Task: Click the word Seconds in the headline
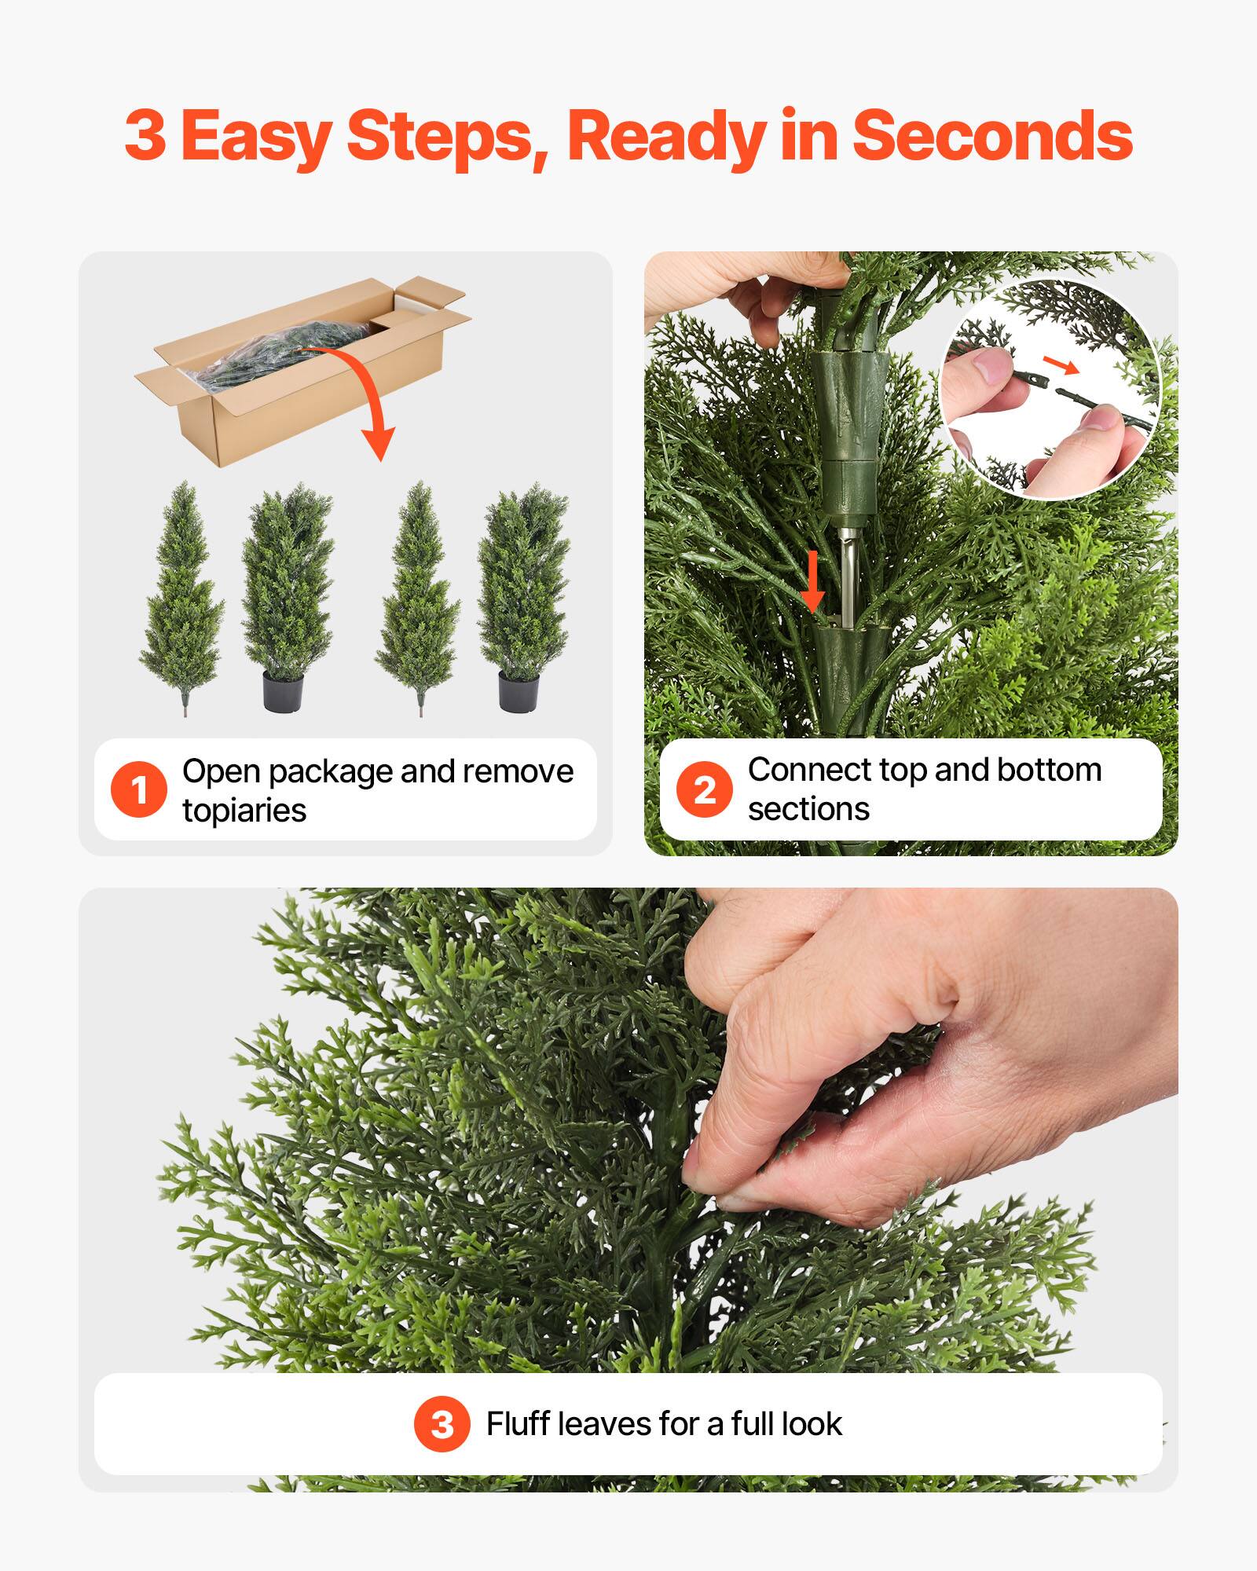991,136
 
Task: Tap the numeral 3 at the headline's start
146,136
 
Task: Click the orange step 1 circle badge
139,789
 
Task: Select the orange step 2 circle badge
705,789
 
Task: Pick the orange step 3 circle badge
442,1424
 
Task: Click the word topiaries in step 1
244,811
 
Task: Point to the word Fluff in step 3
519,1424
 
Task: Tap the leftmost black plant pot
283,691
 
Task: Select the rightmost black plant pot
519,691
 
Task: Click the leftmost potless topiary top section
182,597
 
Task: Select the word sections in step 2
808,809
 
